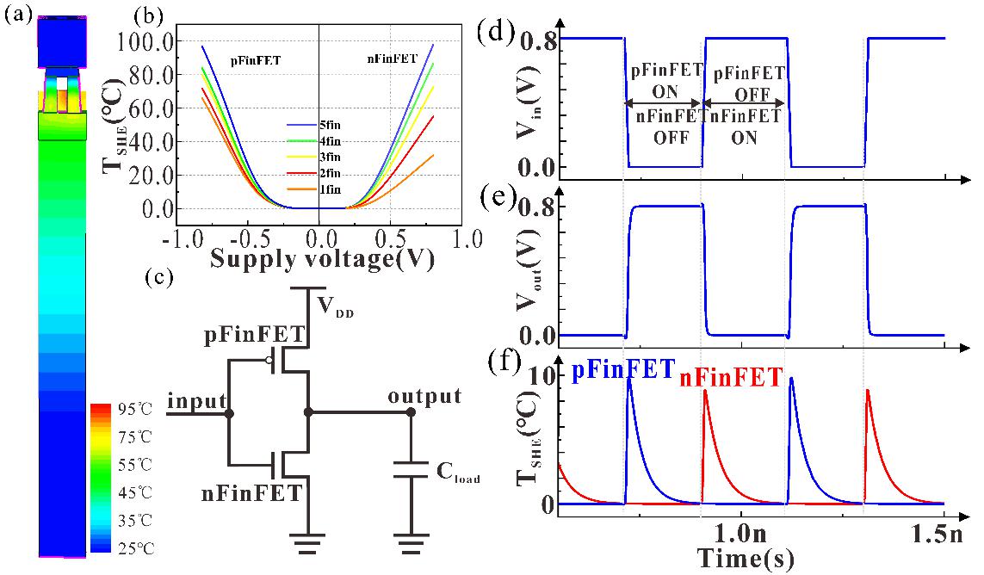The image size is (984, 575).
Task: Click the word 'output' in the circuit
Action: [424, 397]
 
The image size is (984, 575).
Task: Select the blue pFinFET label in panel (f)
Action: [622, 371]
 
